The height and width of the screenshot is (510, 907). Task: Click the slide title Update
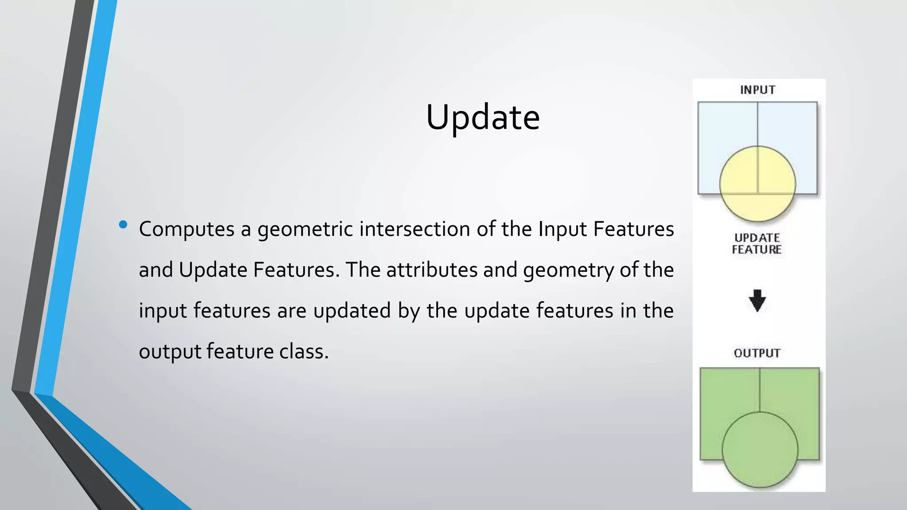pos(483,117)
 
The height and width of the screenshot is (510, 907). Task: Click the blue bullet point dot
pos(123,224)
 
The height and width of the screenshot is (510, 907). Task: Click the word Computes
pos(186,229)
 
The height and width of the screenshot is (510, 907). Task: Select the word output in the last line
pos(170,352)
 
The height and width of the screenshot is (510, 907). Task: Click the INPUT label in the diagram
pos(757,90)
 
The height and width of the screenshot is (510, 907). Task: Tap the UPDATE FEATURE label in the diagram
pos(757,243)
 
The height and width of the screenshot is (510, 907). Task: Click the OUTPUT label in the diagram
pos(757,353)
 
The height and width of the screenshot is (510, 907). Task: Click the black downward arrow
pos(757,301)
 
